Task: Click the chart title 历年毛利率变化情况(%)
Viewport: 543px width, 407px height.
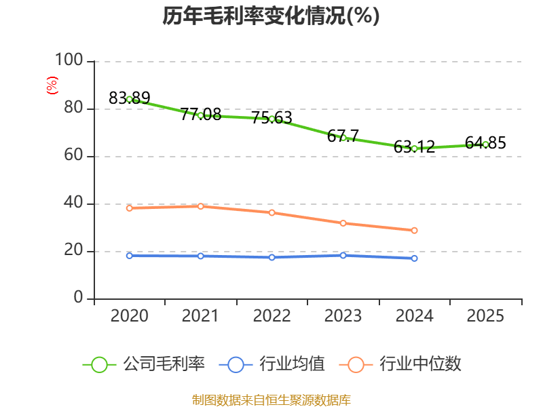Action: coord(271,16)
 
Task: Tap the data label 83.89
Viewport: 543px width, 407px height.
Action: coord(129,98)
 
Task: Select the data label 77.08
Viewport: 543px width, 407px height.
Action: coord(200,114)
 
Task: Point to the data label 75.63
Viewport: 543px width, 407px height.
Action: coord(271,117)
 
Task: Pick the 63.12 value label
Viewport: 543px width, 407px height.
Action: coord(414,147)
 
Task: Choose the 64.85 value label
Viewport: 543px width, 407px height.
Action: coord(485,143)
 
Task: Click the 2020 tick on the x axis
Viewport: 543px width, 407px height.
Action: coord(129,316)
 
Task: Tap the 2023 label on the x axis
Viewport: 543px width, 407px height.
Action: coord(343,316)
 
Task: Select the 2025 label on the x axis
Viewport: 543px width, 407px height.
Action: coord(485,316)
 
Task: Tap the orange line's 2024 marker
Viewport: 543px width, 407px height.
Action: coord(414,231)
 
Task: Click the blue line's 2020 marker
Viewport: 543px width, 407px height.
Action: coord(129,256)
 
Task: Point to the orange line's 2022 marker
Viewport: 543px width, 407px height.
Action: coord(271,213)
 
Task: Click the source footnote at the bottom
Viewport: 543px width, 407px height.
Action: coord(271,400)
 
